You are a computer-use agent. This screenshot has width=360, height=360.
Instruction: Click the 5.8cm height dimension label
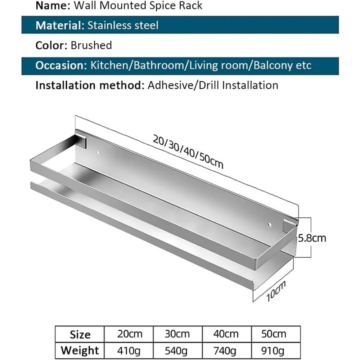click(312, 238)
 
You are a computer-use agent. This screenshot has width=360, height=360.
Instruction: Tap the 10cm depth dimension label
click(276, 291)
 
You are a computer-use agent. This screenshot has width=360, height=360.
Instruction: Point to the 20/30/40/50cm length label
click(188, 152)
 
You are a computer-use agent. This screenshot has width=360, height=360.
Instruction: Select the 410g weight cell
click(129, 351)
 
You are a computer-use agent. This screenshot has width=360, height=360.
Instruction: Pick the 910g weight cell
click(273, 351)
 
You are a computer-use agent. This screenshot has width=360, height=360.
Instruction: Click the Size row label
click(80, 334)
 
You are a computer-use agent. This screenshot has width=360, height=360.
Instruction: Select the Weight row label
click(80, 351)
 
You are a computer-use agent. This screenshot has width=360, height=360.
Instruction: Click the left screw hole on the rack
click(97, 152)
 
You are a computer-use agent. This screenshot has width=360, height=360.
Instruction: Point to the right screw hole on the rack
click(270, 224)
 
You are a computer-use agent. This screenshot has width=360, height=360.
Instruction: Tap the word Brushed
click(91, 45)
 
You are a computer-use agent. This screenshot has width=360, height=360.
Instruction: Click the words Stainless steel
click(123, 25)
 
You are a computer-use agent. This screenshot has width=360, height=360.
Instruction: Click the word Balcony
click(273, 66)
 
